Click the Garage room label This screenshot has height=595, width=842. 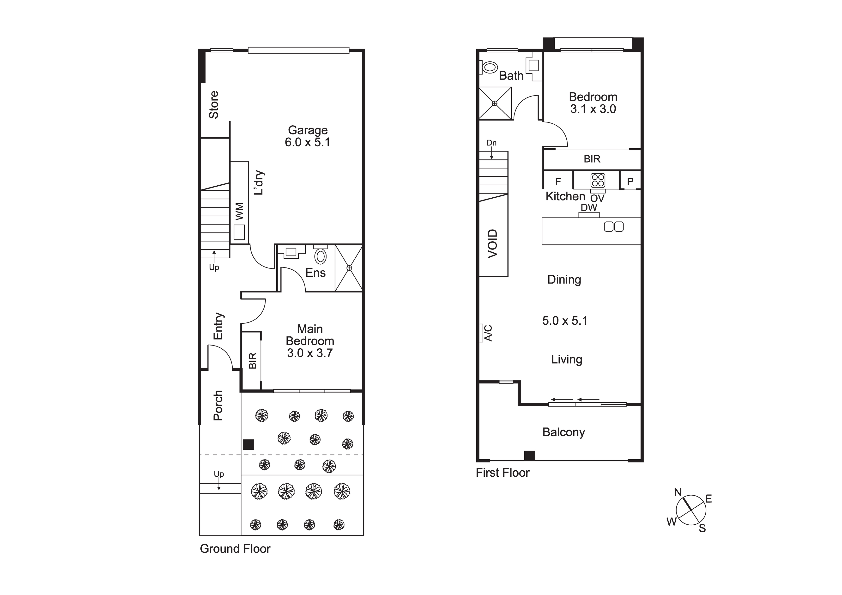coord(308,130)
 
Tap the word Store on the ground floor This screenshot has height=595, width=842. coord(213,105)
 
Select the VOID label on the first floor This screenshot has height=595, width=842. coord(492,243)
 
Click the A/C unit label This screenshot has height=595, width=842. coord(488,333)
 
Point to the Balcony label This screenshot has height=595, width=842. coord(564,432)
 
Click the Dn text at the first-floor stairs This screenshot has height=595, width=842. coord(491,143)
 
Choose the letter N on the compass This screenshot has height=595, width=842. coord(678,492)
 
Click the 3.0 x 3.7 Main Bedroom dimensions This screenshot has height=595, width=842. coord(310,353)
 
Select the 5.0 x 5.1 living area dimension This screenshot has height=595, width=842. coord(565,321)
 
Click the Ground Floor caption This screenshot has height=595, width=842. coord(235,549)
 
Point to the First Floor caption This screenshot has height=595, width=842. coord(503,473)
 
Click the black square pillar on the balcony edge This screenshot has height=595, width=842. coord(530,455)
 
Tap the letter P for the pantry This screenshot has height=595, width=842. coord(630,181)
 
